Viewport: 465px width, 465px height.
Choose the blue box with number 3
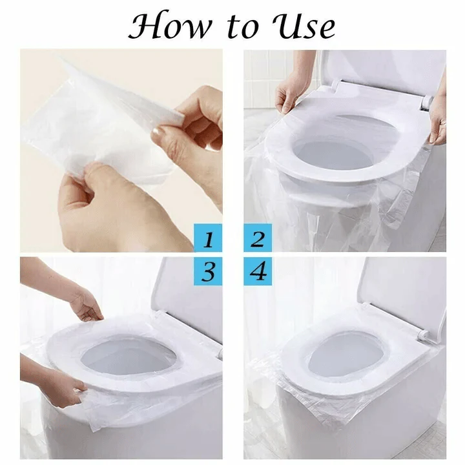208,271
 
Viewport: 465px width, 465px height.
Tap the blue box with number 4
257,271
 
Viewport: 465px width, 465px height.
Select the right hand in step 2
438,119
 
